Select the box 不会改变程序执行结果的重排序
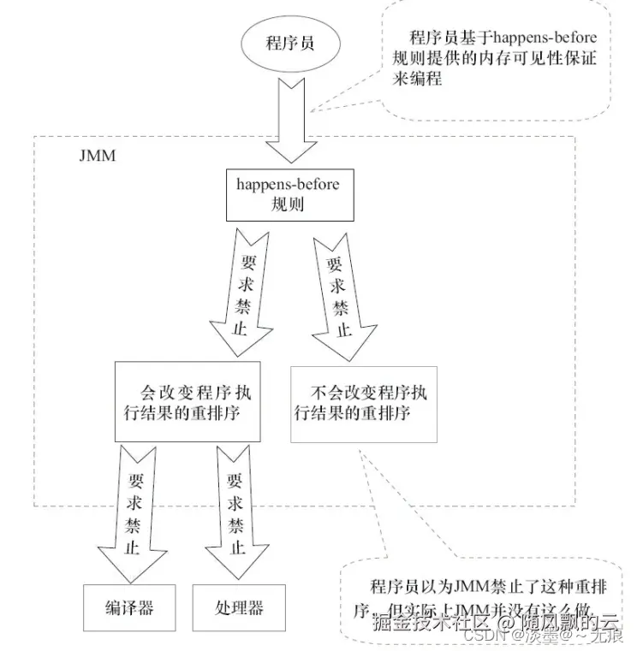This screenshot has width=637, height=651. tap(363, 402)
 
